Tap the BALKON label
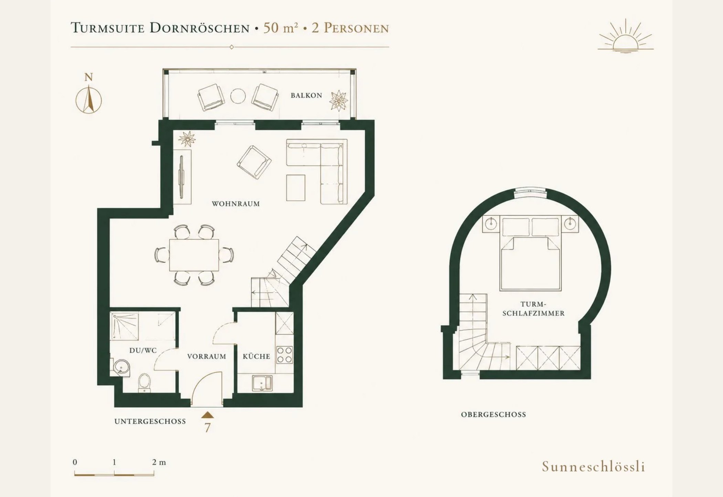click(306, 95)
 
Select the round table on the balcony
click(238, 96)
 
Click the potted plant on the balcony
click(339, 100)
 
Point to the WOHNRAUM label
click(236, 204)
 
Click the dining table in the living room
click(194, 255)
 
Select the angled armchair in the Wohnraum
click(254, 162)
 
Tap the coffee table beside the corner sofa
click(296, 187)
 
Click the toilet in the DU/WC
click(144, 383)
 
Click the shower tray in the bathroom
click(124, 326)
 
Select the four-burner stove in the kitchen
click(285, 355)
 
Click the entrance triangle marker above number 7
click(208, 415)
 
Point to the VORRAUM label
click(206, 356)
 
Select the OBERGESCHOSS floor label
click(493, 414)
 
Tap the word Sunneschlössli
click(594, 467)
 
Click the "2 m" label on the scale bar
click(159, 462)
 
